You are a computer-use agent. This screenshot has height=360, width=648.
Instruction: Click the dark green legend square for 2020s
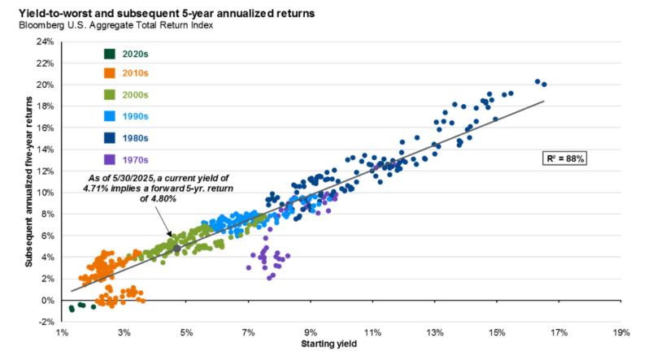(x=108, y=54)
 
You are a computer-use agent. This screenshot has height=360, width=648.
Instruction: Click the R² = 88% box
(x=565, y=158)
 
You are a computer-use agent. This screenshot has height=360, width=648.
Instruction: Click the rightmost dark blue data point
(x=544, y=85)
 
